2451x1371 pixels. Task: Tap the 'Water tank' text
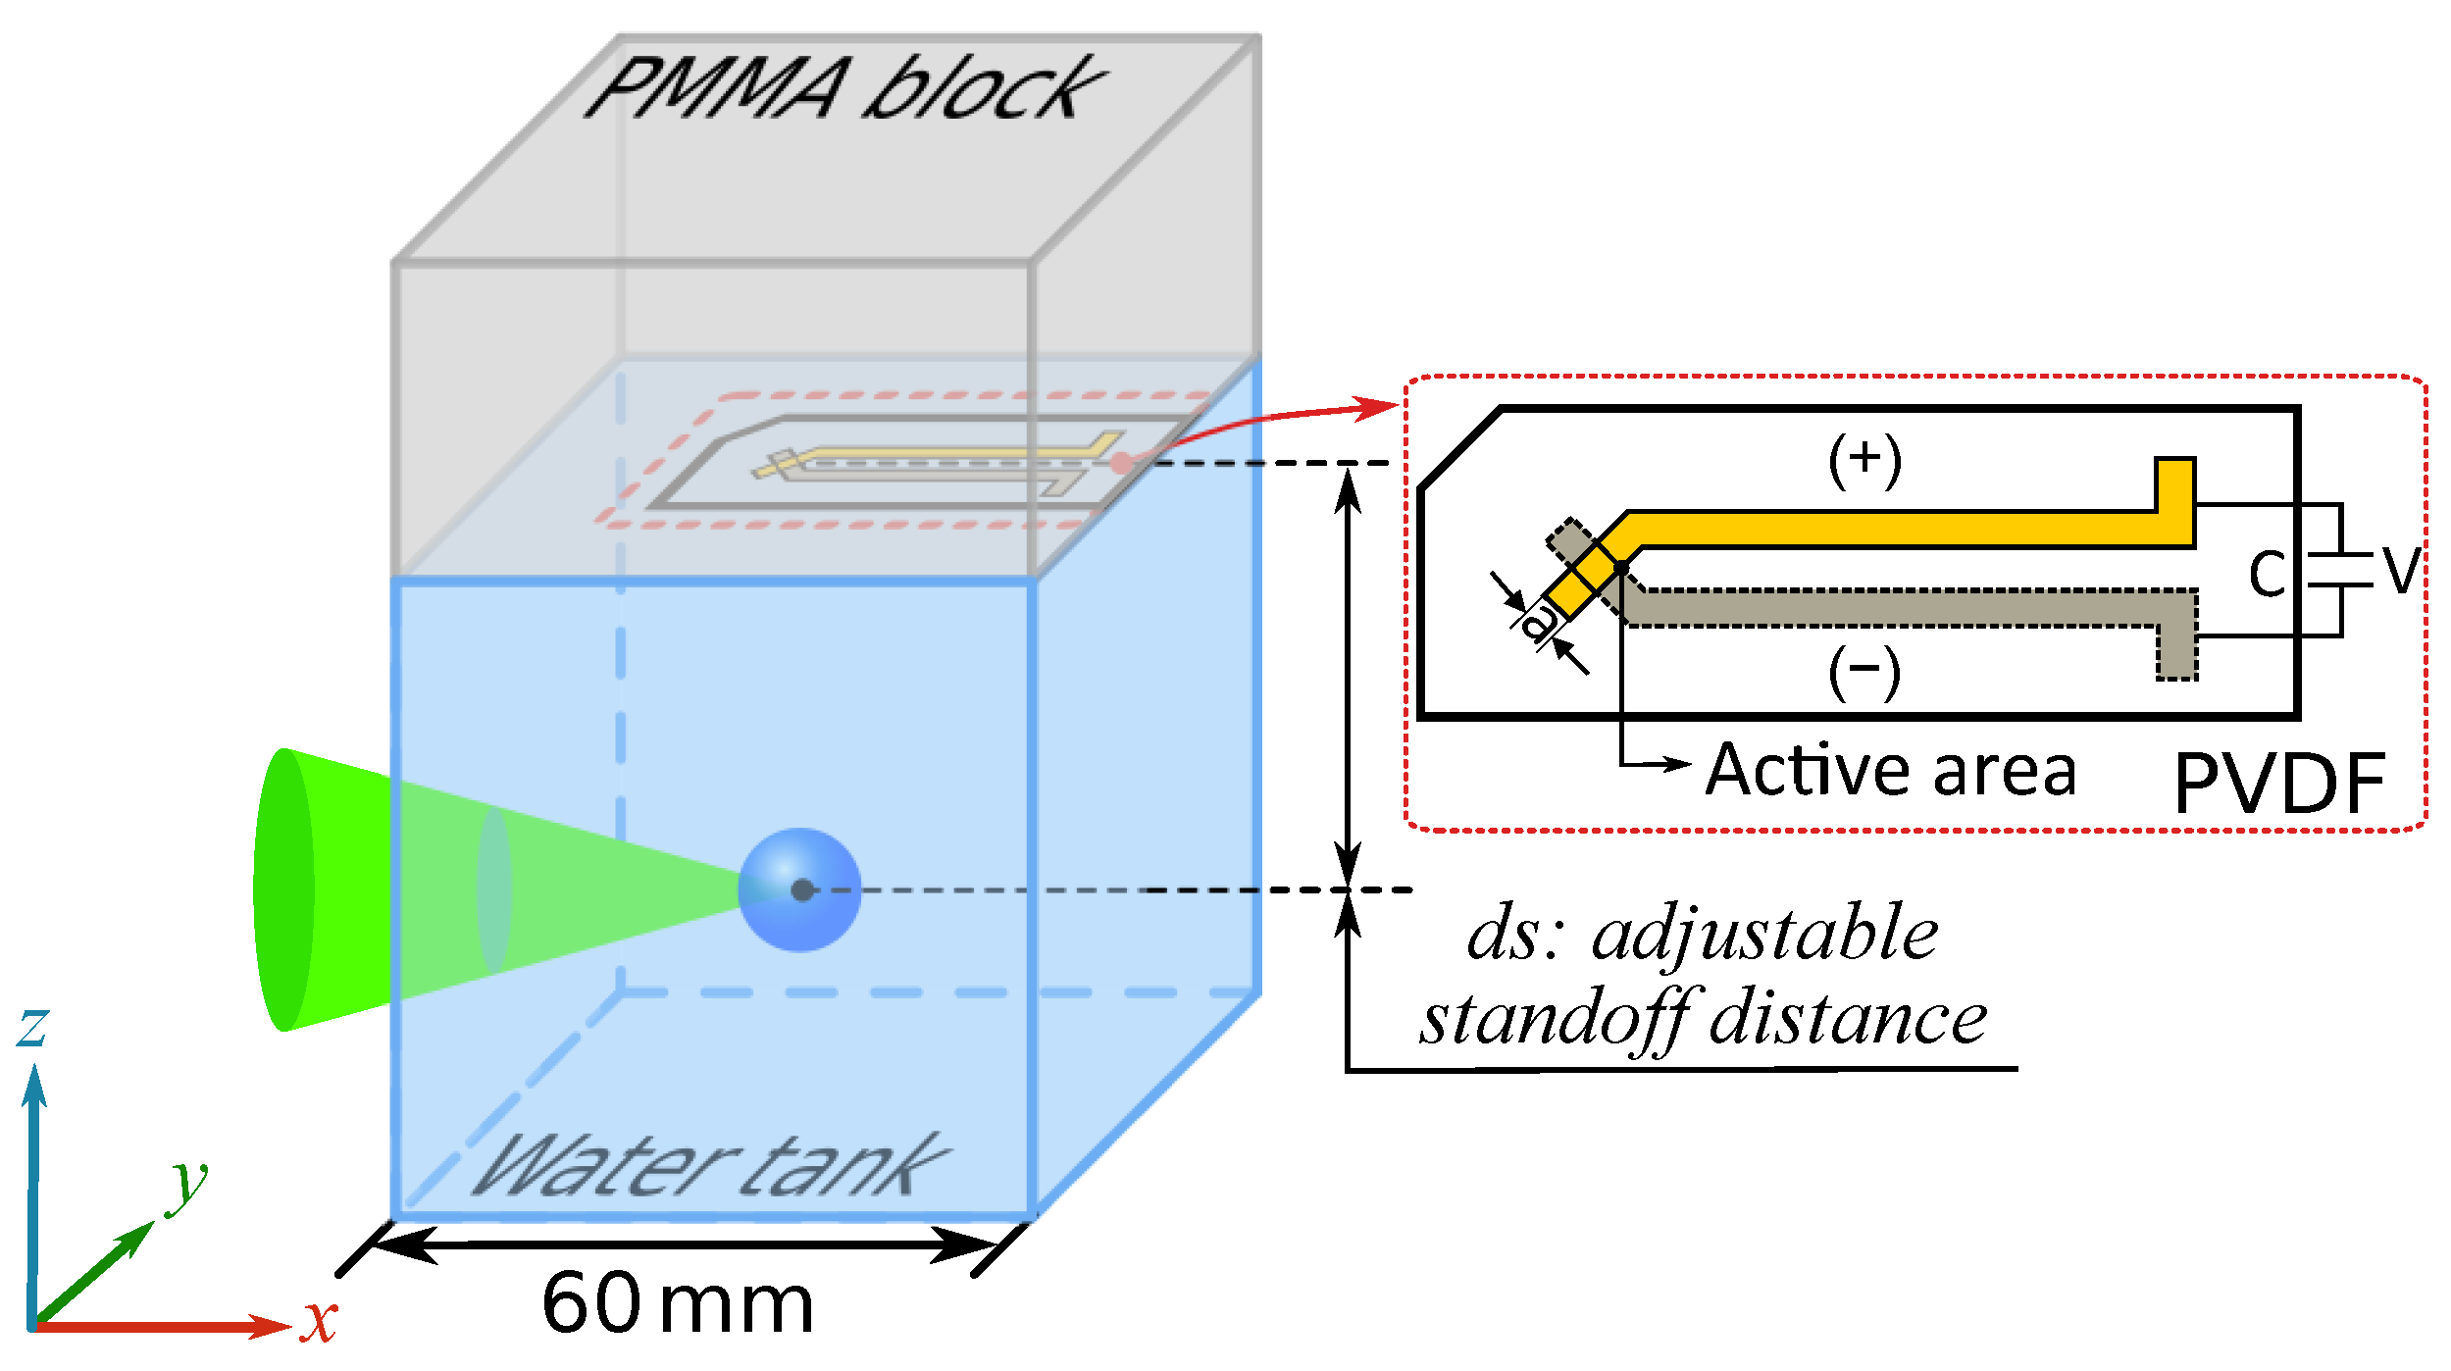click(710, 1166)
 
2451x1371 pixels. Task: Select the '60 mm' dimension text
click(678, 1303)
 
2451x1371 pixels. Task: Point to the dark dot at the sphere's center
click(802, 889)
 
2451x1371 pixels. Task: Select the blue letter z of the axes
click(33, 1027)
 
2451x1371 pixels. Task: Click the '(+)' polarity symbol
click(1864, 460)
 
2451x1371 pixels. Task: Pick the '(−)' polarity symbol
click(1864, 673)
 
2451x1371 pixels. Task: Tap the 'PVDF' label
click(2279, 783)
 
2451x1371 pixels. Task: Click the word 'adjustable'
click(1764, 933)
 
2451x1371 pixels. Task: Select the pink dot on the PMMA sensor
click(1121, 463)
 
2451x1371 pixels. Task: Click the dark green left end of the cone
click(283, 889)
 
